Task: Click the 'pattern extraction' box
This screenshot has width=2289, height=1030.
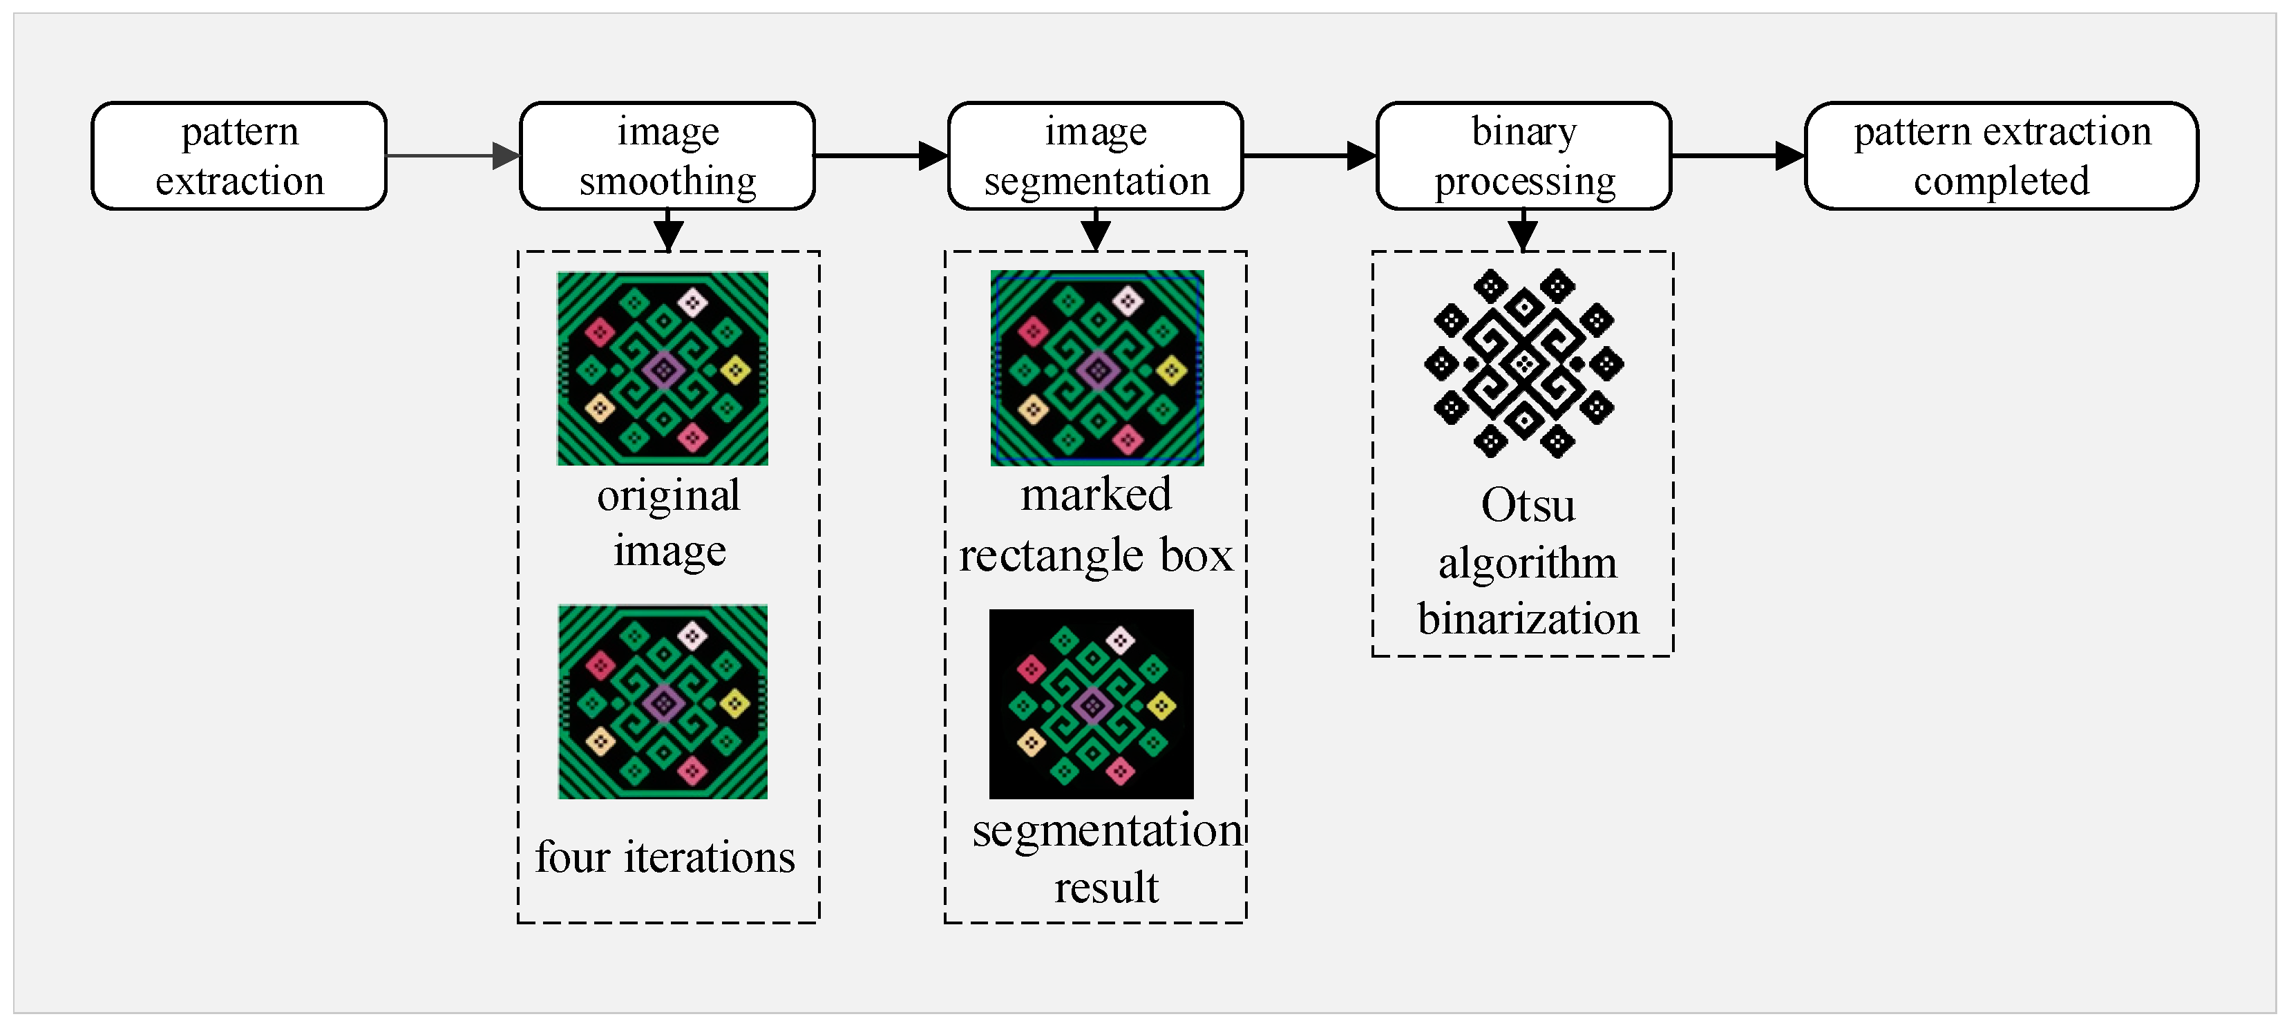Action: pyautogui.click(x=239, y=156)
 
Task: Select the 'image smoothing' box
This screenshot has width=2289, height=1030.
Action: pyautogui.click(x=667, y=156)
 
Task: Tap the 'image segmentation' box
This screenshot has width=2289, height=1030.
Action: pyautogui.click(x=1096, y=156)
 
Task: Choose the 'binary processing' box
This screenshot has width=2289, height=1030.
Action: pyautogui.click(x=1524, y=156)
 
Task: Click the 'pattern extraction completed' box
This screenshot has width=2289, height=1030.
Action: pyautogui.click(x=2001, y=156)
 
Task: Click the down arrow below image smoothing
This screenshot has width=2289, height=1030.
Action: pyautogui.click(x=668, y=231)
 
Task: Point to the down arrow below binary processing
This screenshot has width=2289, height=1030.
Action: pyautogui.click(x=1523, y=231)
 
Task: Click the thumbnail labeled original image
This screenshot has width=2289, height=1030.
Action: pyautogui.click(x=663, y=369)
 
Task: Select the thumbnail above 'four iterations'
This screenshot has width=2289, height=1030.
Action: pyautogui.click(x=663, y=702)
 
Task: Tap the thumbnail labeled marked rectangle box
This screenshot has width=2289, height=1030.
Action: pyautogui.click(x=1097, y=368)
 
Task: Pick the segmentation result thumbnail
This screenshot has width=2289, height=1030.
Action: pyautogui.click(x=1091, y=704)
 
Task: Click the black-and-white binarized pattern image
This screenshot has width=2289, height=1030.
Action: pyautogui.click(x=1524, y=363)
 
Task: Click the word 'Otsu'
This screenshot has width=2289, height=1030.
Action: pyautogui.click(x=1528, y=505)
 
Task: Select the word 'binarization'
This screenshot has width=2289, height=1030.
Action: pyautogui.click(x=1528, y=618)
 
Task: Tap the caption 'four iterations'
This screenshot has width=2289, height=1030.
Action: pyautogui.click(x=665, y=857)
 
